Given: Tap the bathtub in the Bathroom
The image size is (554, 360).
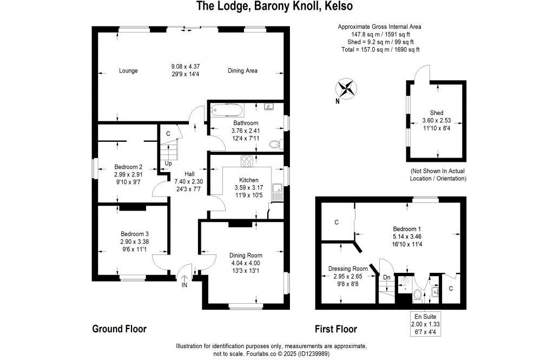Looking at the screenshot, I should click(227, 110).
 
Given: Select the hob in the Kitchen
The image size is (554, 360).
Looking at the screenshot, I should click(247, 161).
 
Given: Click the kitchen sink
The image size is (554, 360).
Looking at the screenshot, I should click(278, 192).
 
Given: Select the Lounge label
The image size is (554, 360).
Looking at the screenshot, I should click(129, 70).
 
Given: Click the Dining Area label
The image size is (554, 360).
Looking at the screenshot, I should click(242, 70).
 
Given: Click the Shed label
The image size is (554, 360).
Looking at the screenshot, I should click(437, 113).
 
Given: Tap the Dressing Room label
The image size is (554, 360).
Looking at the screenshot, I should click(348, 269).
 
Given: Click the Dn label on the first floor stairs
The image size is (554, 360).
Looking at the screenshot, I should click(386, 277).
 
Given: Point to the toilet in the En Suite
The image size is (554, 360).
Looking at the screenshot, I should click(418, 294).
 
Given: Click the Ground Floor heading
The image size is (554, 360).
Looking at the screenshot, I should click(119, 329).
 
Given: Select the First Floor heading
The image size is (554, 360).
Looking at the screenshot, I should click(336, 329).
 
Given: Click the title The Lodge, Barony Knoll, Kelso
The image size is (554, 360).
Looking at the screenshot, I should click(274, 6).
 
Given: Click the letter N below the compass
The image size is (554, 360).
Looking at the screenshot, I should click(337, 101).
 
